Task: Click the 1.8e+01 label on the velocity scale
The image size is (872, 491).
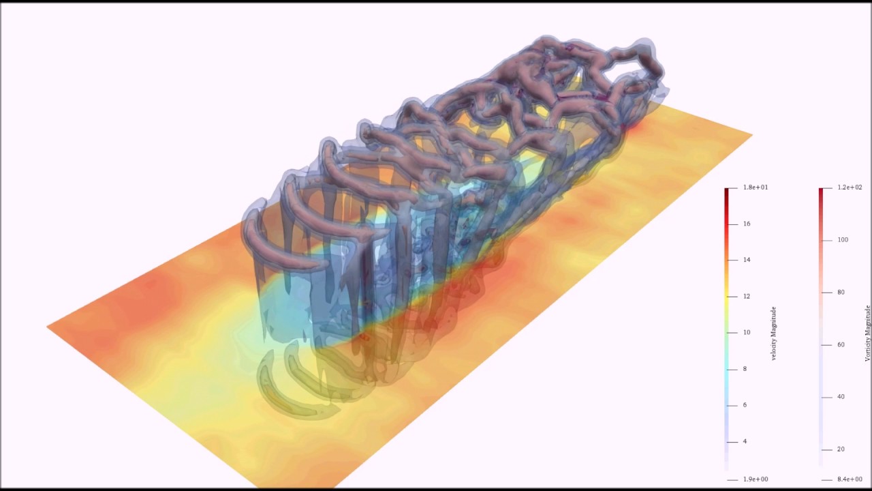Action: coord(756,188)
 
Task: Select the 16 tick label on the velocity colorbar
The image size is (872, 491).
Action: coord(747,224)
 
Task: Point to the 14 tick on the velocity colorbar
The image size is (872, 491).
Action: coord(747,260)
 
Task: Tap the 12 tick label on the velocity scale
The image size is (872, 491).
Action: coord(747,296)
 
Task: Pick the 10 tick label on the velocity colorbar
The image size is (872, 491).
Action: coord(747,333)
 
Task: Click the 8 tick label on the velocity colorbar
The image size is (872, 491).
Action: coord(745,369)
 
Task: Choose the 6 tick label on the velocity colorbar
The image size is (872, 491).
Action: coord(745,405)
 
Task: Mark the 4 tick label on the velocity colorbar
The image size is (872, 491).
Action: coord(745,441)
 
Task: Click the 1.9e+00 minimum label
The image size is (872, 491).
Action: coord(756,479)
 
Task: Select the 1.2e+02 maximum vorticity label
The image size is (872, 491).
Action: coord(850,188)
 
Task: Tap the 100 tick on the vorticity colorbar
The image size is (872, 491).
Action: coord(843,240)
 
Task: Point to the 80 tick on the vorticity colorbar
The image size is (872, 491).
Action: coord(841,293)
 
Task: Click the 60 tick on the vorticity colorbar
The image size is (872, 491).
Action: coord(841,345)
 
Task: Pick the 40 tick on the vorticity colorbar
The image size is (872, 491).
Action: coord(841,397)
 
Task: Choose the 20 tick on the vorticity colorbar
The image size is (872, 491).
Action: coord(841,449)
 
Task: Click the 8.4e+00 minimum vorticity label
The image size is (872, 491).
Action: coord(850,479)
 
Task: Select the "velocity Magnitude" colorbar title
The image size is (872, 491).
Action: coord(774,333)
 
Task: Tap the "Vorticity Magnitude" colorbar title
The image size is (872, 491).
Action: coord(868,333)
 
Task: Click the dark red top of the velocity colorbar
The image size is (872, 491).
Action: coord(727,192)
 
